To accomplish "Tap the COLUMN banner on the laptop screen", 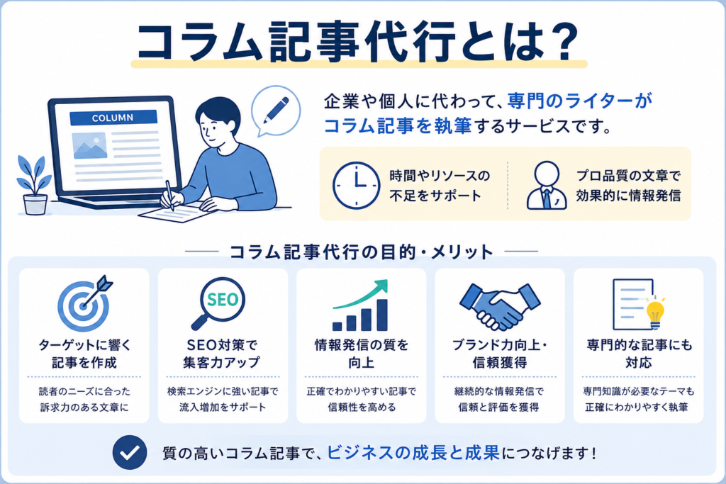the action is [x=113, y=118].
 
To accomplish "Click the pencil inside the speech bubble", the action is [x=276, y=110].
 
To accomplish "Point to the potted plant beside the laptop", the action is [x=35, y=185].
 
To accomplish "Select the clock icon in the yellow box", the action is [x=357, y=185].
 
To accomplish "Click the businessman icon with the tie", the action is [x=547, y=185].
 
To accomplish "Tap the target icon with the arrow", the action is [x=85, y=303].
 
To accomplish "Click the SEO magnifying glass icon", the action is [x=218, y=303].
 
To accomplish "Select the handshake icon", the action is [x=500, y=305].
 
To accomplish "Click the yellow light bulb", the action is [x=655, y=313].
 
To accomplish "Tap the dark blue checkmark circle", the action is [x=130, y=453].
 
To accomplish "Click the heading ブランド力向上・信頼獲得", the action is [x=500, y=354].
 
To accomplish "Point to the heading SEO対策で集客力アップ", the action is [x=222, y=354].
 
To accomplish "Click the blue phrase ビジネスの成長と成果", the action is [x=413, y=453].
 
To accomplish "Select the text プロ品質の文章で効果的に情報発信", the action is [x=628, y=186].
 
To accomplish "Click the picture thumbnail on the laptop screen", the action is [x=89, y=145].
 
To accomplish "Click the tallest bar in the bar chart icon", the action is [x=382, y=315].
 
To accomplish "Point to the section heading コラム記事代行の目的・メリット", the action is [x=362, y=252].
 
